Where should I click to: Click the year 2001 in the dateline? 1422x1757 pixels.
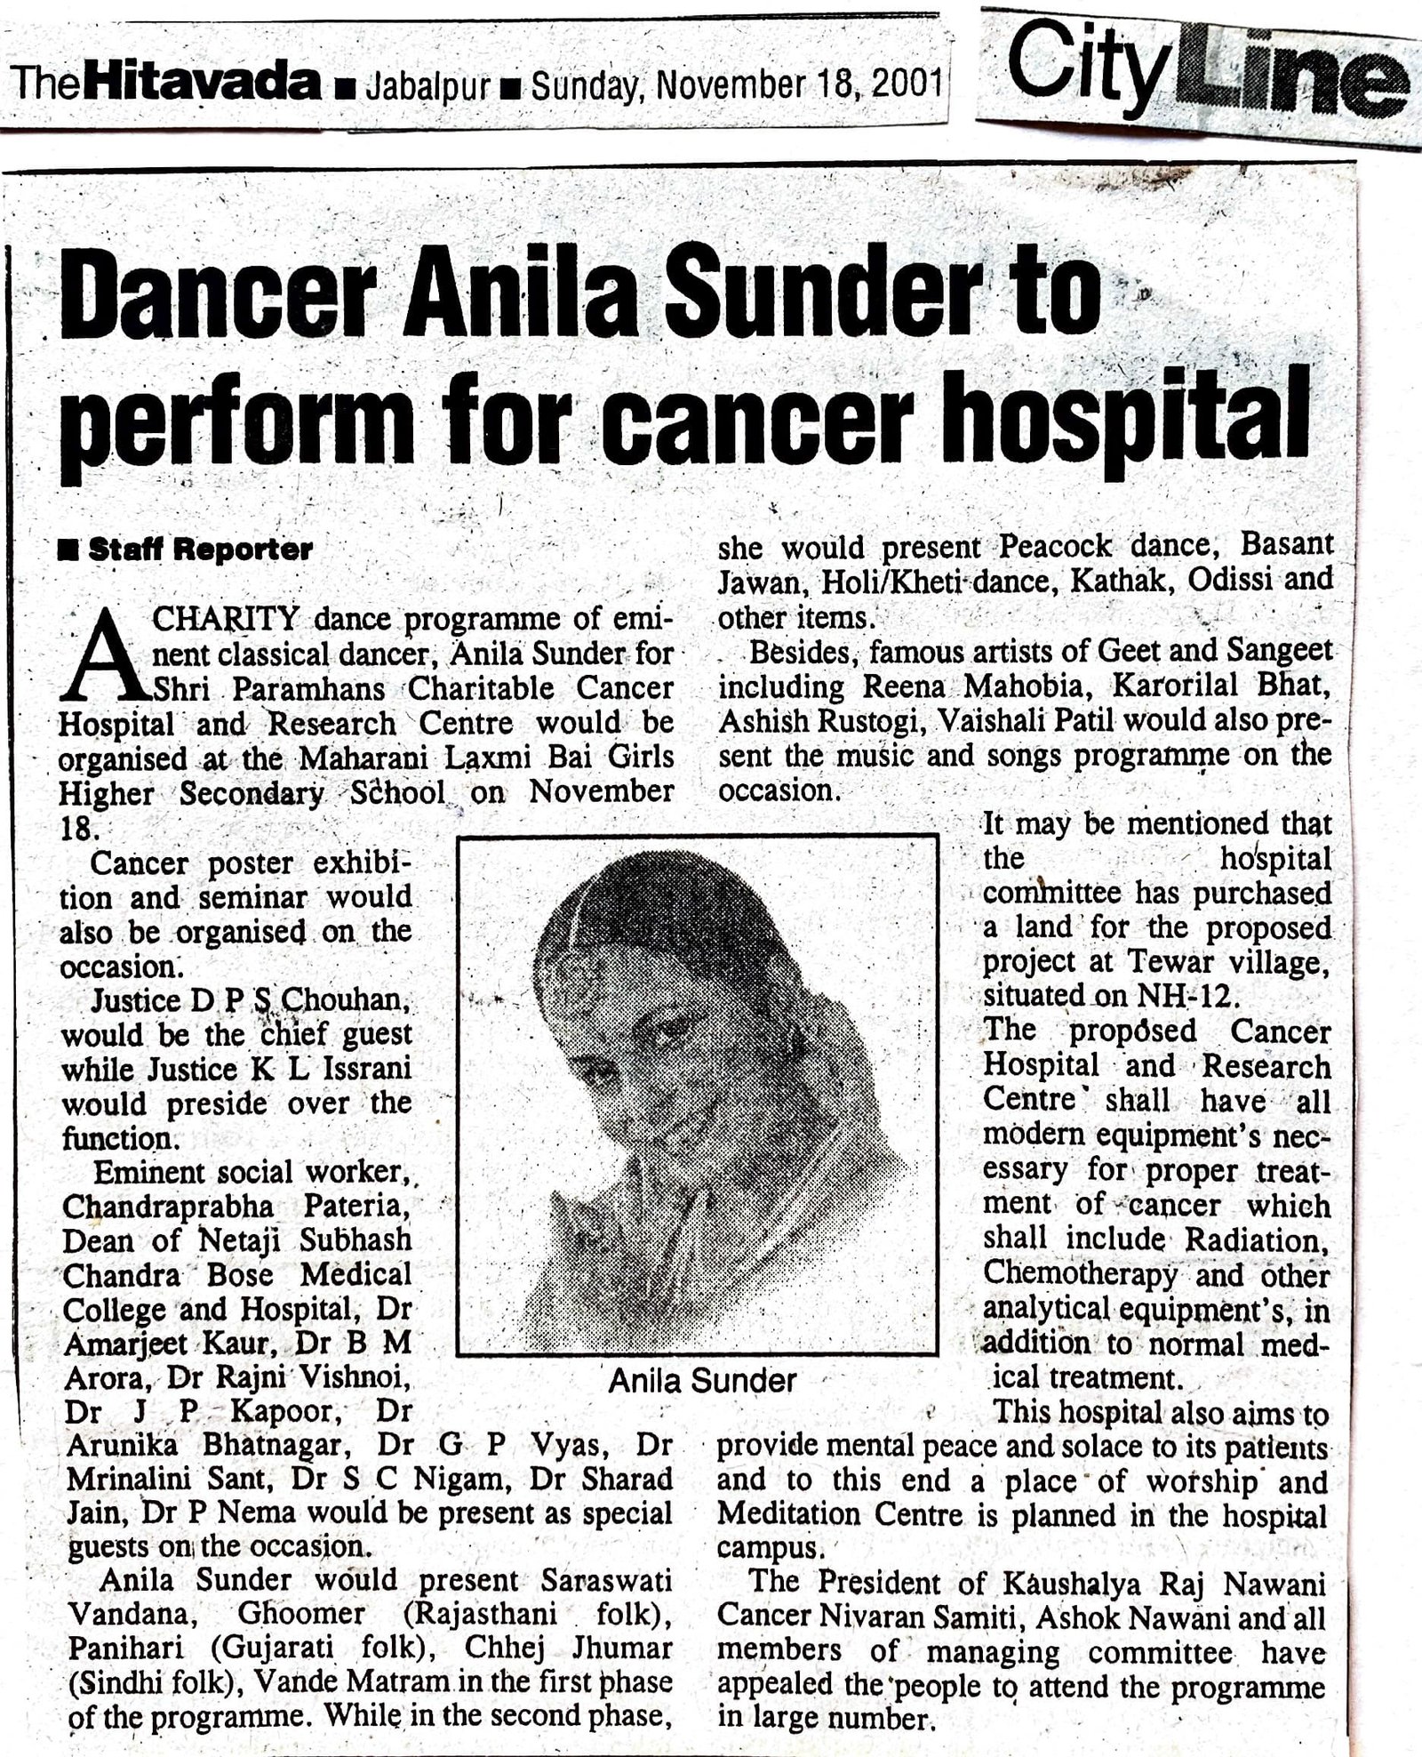click(x=906, y=87)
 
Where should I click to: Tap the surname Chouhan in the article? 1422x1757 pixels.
click(x=346, y=1001)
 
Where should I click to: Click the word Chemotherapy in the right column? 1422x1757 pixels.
click(x=1081, y=1274)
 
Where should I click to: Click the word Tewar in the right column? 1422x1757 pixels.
click(x=1158, y=962)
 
